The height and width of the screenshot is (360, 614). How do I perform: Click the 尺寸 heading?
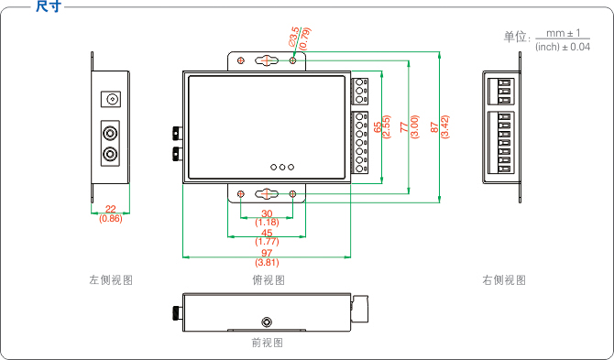[49, 6]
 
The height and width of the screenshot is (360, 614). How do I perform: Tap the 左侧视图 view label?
[111, 280]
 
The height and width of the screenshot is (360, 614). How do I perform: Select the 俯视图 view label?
[269, 280]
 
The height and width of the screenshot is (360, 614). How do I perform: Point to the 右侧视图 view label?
[504, 280]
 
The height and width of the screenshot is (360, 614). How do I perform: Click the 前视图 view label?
[267, 343]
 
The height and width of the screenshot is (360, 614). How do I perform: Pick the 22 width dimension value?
[110, 210]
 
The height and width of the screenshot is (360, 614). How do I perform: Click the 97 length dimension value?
[267, 253]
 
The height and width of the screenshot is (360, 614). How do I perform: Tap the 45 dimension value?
[267, 234]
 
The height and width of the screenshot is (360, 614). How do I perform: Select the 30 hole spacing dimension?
[267, 213]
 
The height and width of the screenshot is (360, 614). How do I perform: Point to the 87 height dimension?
[434, 127]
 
